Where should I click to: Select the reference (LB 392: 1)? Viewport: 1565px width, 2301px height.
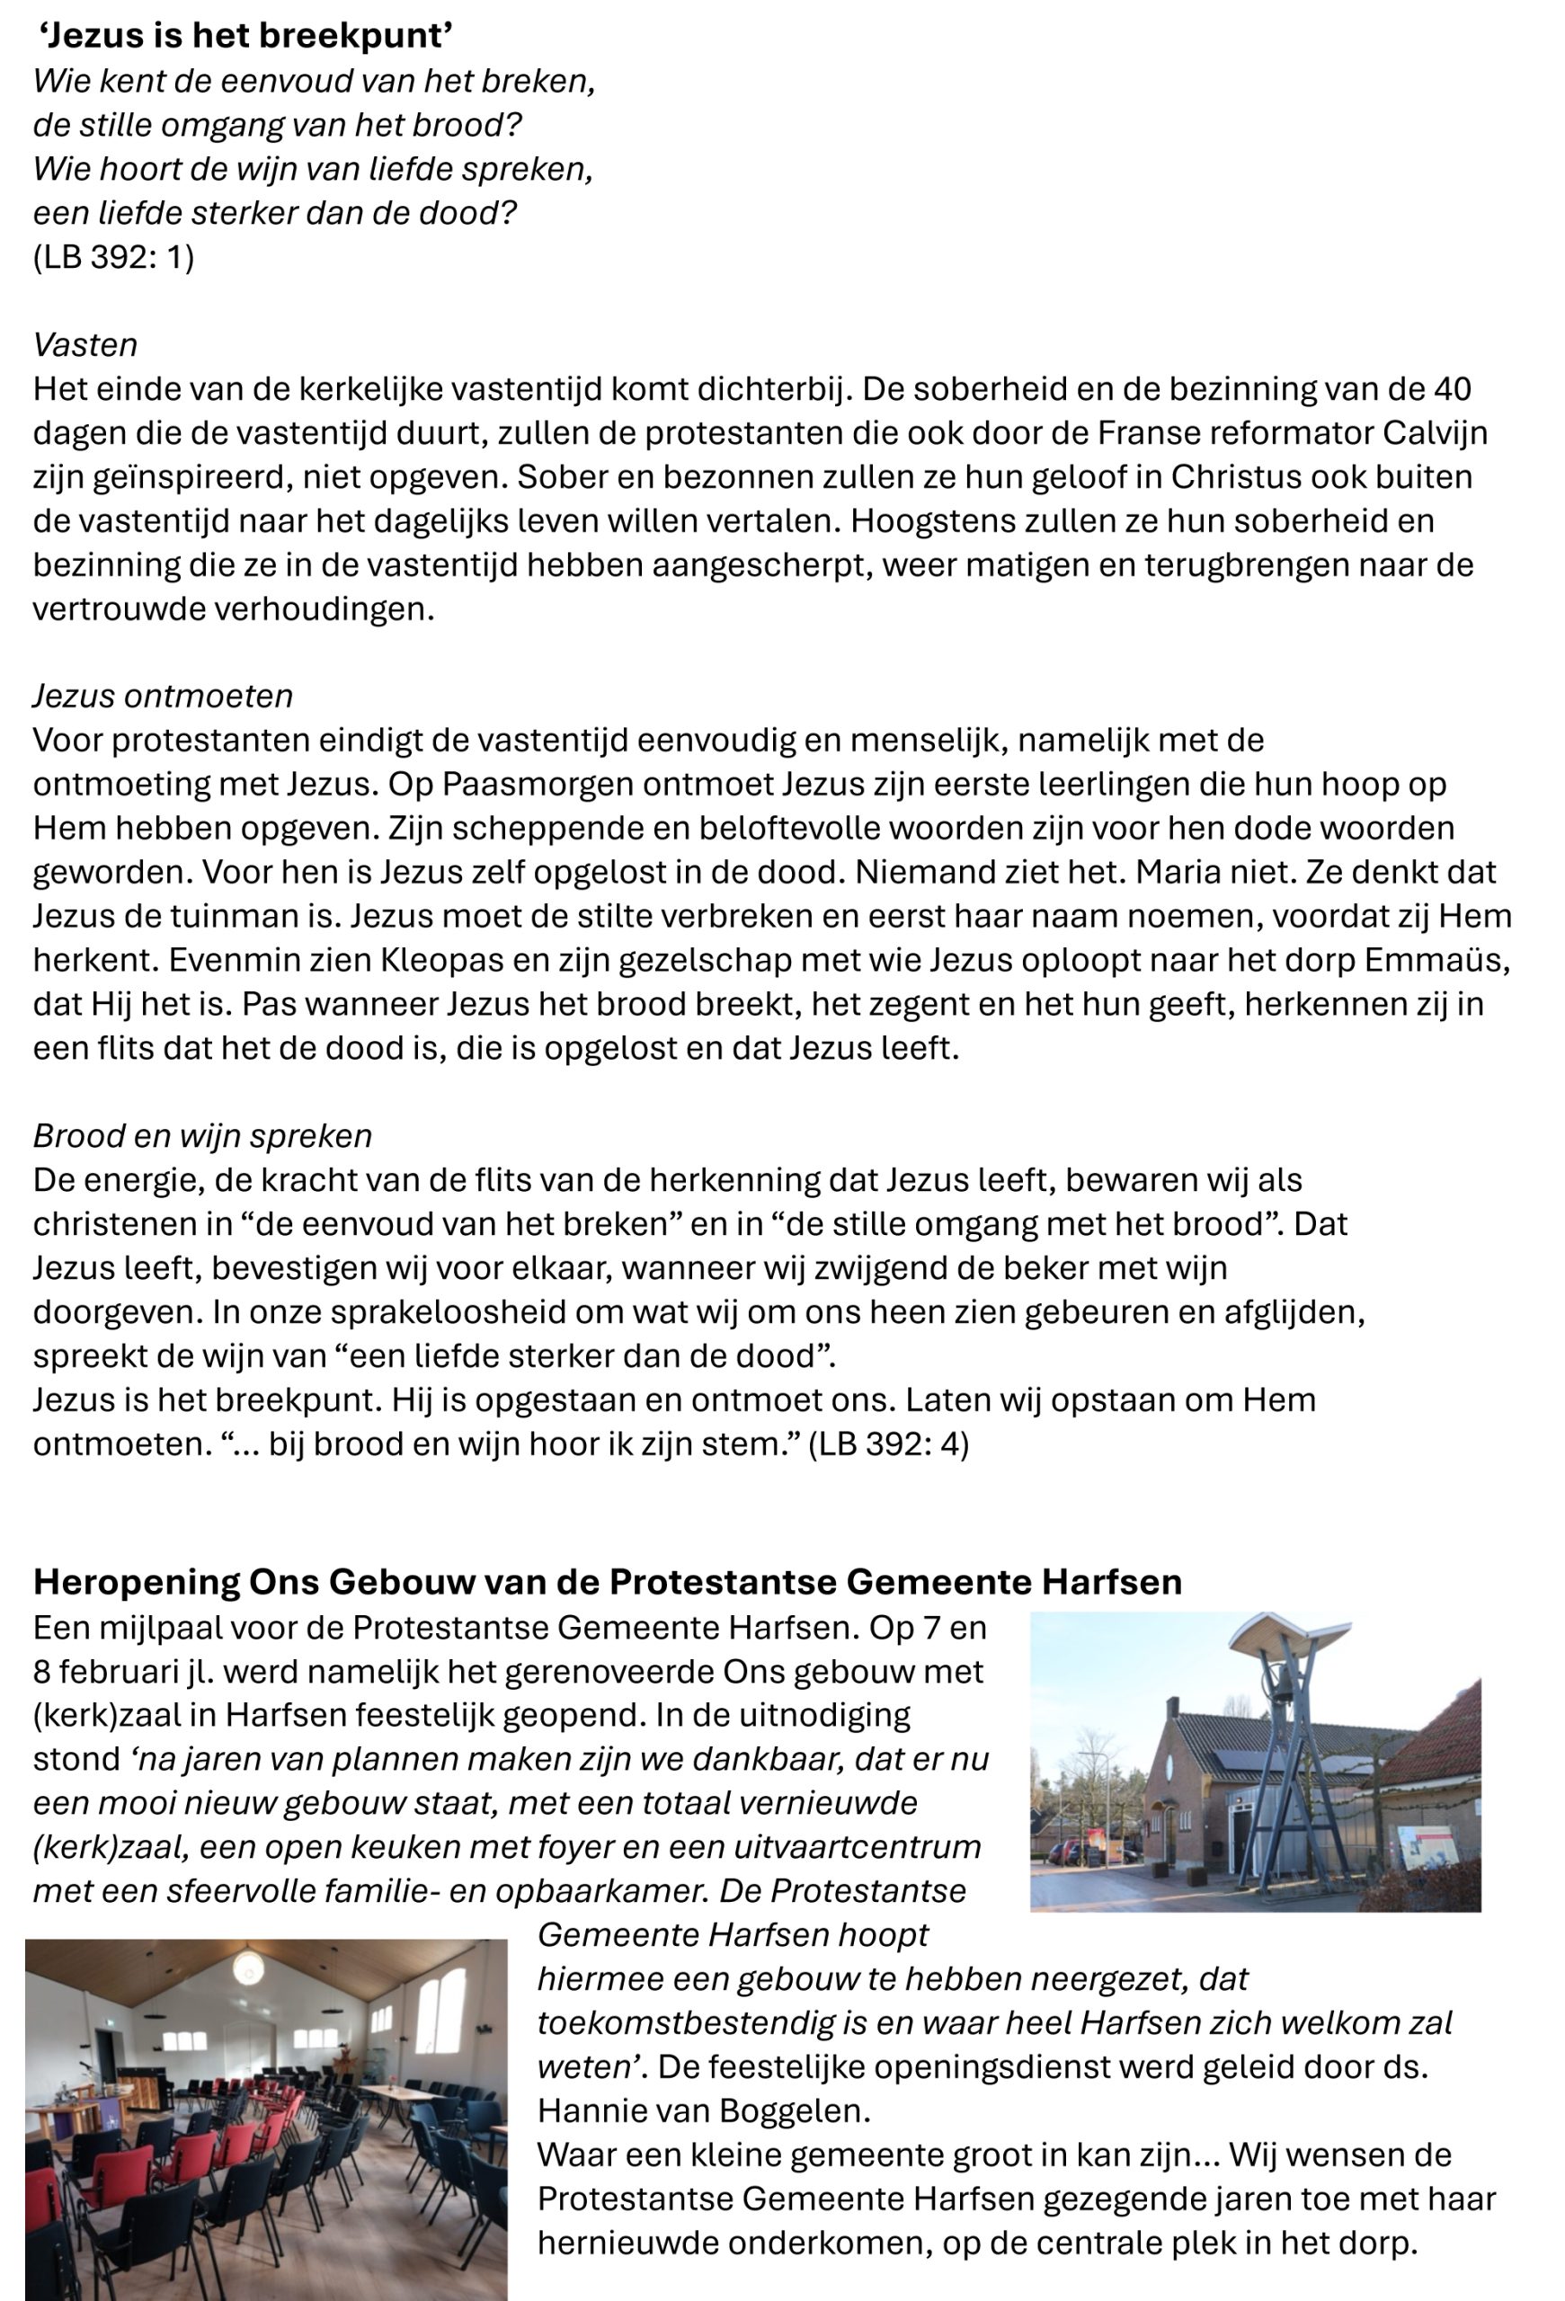tap(114, 256)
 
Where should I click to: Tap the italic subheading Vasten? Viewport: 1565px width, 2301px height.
tap(85, 344)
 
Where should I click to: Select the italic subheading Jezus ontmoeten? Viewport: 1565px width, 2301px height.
tap(163, 696)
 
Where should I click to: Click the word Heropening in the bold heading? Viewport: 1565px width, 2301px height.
tap(135, 1581)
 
